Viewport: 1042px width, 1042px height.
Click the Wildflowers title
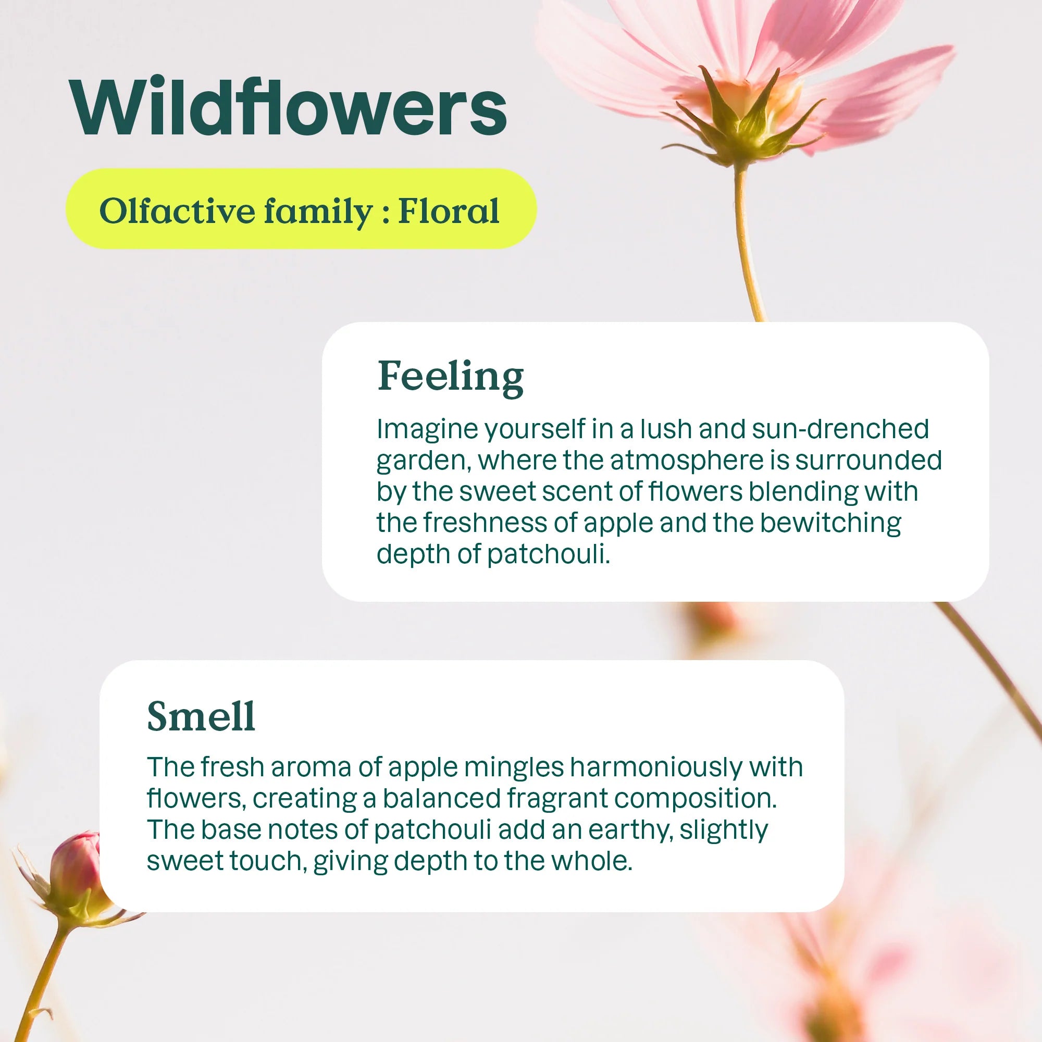coord(289,107)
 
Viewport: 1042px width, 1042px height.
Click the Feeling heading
coord(450,377)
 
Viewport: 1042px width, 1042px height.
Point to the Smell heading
coord(201,716)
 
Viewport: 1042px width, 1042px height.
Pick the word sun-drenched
coord(840,429)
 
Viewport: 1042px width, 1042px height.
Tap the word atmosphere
coord(687,461)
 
